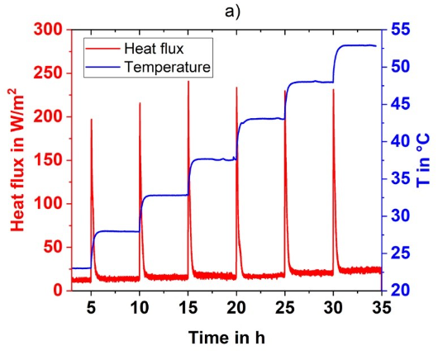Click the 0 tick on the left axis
(60, 290)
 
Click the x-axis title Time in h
(225, 338)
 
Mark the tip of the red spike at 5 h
(91, 120)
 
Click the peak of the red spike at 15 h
(188, 82)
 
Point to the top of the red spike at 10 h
(140, 103)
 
